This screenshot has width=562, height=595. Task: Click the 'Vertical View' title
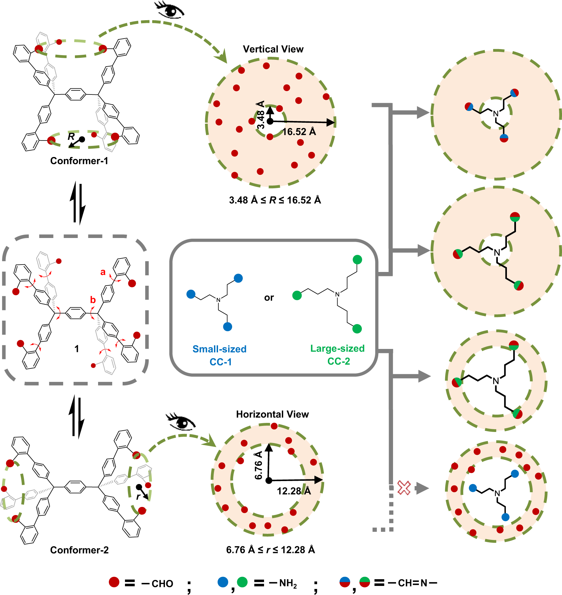pyautogui.click(x=273, y=49)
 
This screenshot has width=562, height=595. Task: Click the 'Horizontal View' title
pyautogui.click(x=272, y=414)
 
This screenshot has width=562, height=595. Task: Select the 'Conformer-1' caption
pyautogui.click(x=79, y=161)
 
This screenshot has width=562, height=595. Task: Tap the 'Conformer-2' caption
pyautogui.click(x=79, y=550)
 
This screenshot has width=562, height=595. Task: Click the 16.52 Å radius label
pyautogui.click(x=299, y=132)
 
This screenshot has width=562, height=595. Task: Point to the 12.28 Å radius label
pyautogui.click(x=294, y=491)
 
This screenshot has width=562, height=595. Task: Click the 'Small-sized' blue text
pyautogui.click(x=219, y=349)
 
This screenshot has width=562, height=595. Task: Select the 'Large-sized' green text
pyautogui.click(x=337, y=348)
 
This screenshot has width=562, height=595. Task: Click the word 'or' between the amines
pyautogui.click(x=269, y=298)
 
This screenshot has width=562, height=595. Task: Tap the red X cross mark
pyautogui.click(x=404, y=488)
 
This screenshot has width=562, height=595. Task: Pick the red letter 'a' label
pyautogui.click(x=103, y=272)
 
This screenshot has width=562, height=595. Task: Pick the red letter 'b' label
pyautogui.click(x=93, y=300)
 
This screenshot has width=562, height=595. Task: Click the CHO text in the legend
pyautogui.click(x=162, y=584)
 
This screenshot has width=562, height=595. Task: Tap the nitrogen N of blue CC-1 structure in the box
pyautogui.click(x=218, y=300)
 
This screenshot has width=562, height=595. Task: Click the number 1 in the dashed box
pyautogui.click(x=77, y=349)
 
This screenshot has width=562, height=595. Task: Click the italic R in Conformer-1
pyautogui.click(x=71, y=136)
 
